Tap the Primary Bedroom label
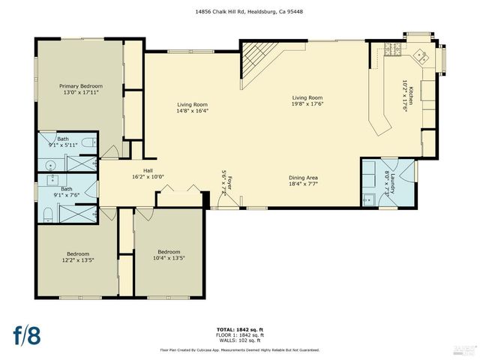tap(81, 86)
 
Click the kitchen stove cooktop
tap(392, 50)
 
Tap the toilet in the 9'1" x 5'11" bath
tap(88, 142)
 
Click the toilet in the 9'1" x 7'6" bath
tap(47, 214)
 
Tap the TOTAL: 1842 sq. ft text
tap(240, 329)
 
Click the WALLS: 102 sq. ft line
tap(240, 340)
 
